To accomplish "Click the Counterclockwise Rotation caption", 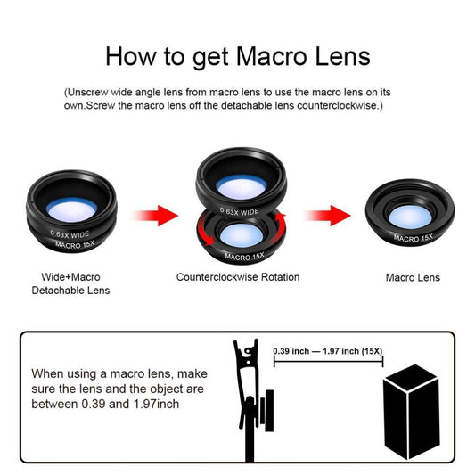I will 238,277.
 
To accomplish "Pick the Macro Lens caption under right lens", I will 413,278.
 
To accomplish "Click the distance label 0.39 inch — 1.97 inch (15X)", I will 328,351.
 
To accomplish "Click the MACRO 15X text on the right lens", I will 413,238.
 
